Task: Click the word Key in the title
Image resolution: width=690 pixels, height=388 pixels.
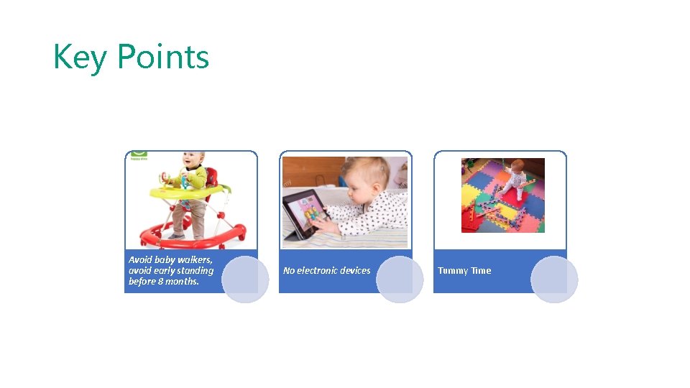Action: [80, 57]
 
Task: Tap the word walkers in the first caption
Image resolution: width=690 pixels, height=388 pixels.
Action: [195, 259]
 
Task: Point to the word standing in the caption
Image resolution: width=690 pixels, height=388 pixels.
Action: [195, 270]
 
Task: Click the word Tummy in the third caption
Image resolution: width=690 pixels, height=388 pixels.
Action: [453, 270]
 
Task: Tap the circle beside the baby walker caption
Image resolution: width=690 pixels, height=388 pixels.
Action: [245, 280]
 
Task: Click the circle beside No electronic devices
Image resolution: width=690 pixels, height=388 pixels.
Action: [400, 280]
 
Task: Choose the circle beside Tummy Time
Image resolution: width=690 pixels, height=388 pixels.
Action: [554, 280]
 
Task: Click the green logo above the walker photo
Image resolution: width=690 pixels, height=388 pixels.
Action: [138, 154]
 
